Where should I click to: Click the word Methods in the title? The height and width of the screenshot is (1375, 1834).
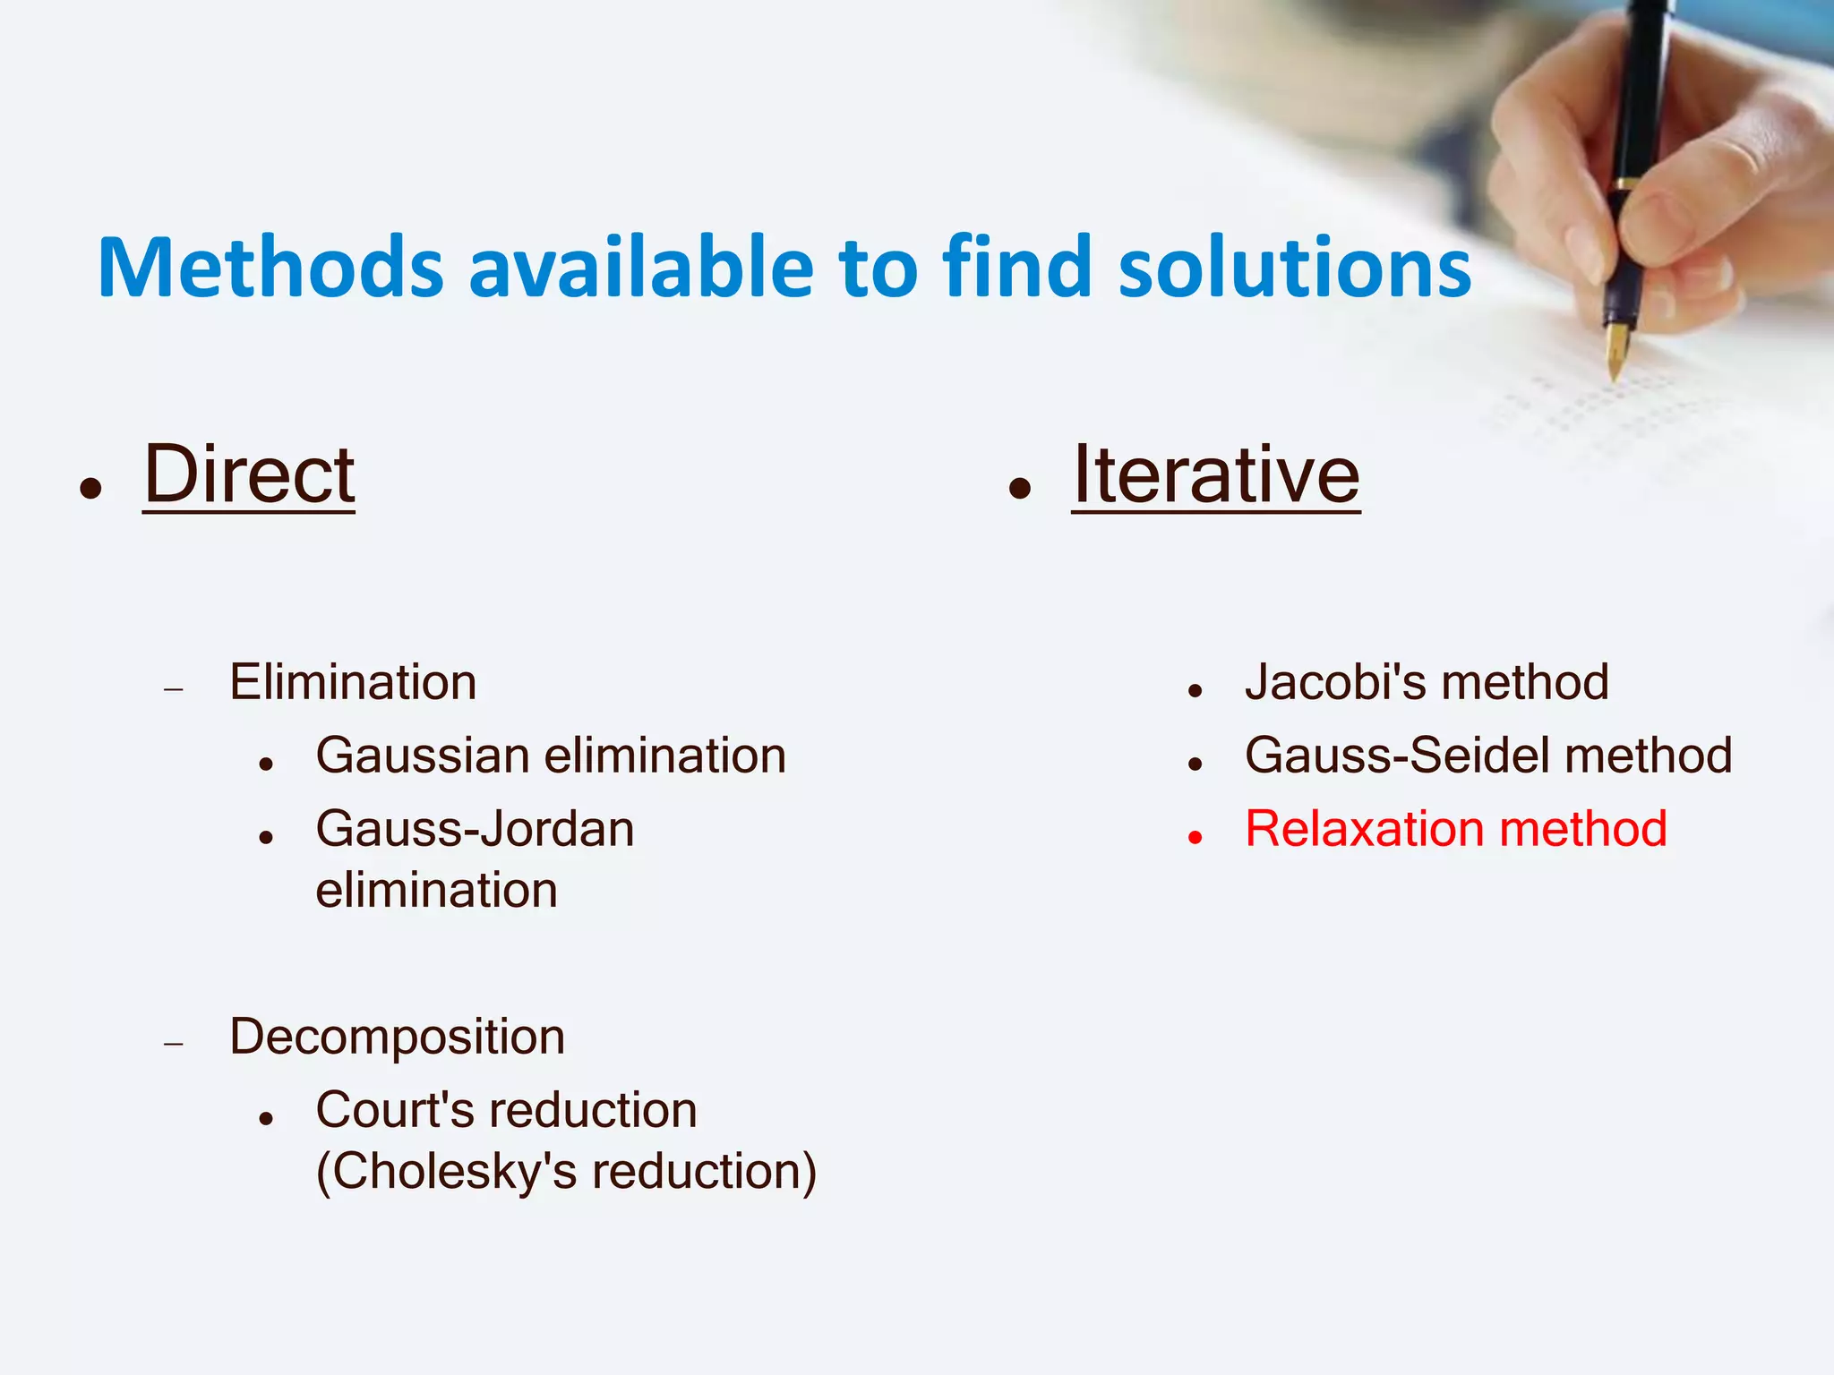click(270, 268)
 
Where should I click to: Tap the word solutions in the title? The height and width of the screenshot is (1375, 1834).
click(1294, 268)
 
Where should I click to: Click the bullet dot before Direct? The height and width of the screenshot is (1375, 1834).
click(90, 489)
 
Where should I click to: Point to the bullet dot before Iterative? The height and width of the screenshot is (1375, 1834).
click(1020, 489)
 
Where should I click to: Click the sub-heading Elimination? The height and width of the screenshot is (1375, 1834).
click(353, 682)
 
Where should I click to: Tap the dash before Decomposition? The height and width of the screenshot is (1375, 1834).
click(174, 1044)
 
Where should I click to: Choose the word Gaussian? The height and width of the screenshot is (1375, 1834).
click(423, 756)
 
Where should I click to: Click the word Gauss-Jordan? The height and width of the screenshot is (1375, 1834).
click(475, 829)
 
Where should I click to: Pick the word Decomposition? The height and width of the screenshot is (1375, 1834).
click(397, 1037)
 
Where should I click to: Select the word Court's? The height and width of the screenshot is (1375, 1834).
click(395, 1110)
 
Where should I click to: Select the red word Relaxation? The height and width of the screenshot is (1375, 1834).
click(1364, 829)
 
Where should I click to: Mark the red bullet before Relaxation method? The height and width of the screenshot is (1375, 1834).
click(1195, 837)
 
